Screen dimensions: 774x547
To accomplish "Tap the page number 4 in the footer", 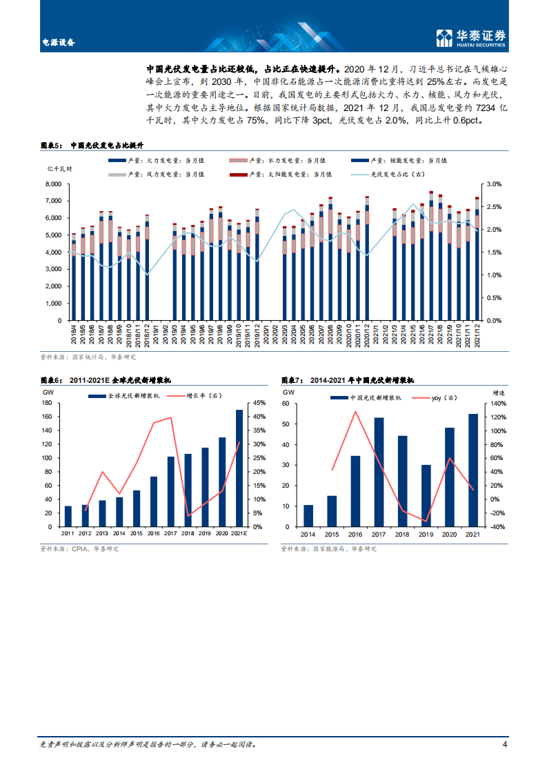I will click(505, 744).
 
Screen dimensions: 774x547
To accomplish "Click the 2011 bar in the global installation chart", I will click(68, 517).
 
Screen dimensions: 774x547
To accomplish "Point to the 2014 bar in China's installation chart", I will click(308, 516).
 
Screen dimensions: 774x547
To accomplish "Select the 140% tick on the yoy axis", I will click(498, 403).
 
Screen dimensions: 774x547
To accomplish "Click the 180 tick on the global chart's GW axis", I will click(48, 403).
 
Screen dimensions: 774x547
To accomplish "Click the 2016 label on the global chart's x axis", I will click(154, 533).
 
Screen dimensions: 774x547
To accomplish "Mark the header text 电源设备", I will click(58, 42).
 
